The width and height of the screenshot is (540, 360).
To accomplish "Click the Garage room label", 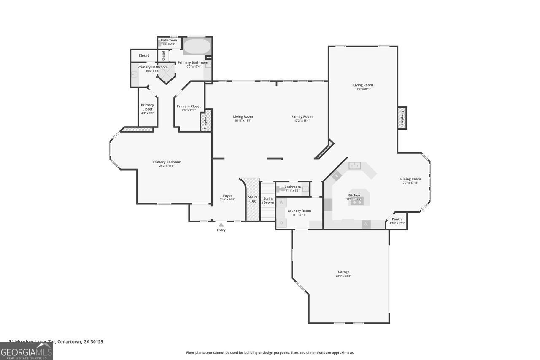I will click(343, 272).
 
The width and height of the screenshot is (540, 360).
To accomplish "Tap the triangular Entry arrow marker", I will click(221, 225).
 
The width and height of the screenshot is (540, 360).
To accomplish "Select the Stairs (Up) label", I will click(253, 199).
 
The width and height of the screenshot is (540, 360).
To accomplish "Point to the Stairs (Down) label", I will click(268, 200).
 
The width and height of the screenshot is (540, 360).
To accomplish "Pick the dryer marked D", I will click(281, 222).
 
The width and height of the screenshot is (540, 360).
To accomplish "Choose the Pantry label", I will click(397, 219).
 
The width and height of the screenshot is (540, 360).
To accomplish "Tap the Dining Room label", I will click(410, 179).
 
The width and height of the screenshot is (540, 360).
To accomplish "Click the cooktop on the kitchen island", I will click(356, 202).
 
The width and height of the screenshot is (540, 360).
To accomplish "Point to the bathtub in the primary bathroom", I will click(197, 46).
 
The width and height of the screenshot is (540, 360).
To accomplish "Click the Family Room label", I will click(302, 117).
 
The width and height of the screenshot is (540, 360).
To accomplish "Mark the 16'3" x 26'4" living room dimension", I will click(363, 89).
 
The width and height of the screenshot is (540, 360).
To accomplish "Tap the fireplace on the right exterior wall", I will click(402, 118).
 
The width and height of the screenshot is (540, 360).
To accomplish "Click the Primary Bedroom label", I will click(167, 162).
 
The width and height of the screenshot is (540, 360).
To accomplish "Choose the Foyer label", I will click(227, 196).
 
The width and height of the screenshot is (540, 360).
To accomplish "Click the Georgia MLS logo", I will click(26, 351).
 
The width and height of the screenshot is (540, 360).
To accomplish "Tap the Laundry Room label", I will click(299, 211).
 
